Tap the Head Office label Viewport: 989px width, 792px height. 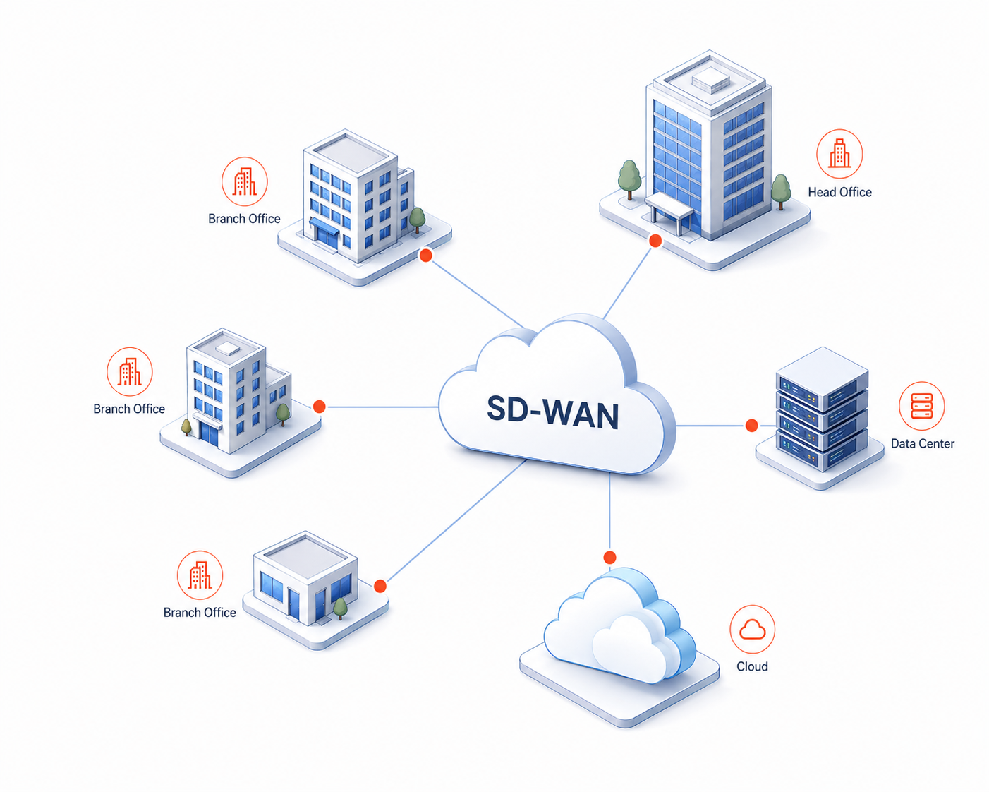coord(839,192)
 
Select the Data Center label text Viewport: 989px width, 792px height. coord(923,443)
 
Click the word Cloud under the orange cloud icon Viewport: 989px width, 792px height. coord(752,666)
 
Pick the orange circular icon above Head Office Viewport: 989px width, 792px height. coord(839,154)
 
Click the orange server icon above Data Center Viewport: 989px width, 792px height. coord(921,406)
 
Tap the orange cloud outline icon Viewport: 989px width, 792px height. coord(752,629)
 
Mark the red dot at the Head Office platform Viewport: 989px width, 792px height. coord(655,241)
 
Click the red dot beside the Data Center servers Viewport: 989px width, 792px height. coord(751,426)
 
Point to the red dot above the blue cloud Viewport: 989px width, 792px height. coord(609,558)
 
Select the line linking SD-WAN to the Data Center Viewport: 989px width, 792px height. coord(710,426)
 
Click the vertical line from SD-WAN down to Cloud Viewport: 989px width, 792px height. coord(609,512)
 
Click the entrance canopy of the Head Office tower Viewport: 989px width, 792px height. coord(669,206)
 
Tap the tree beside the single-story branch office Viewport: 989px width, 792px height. coord(340,608)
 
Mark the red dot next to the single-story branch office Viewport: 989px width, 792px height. coord(380,586)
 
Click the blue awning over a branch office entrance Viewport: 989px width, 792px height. coord(324,227)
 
